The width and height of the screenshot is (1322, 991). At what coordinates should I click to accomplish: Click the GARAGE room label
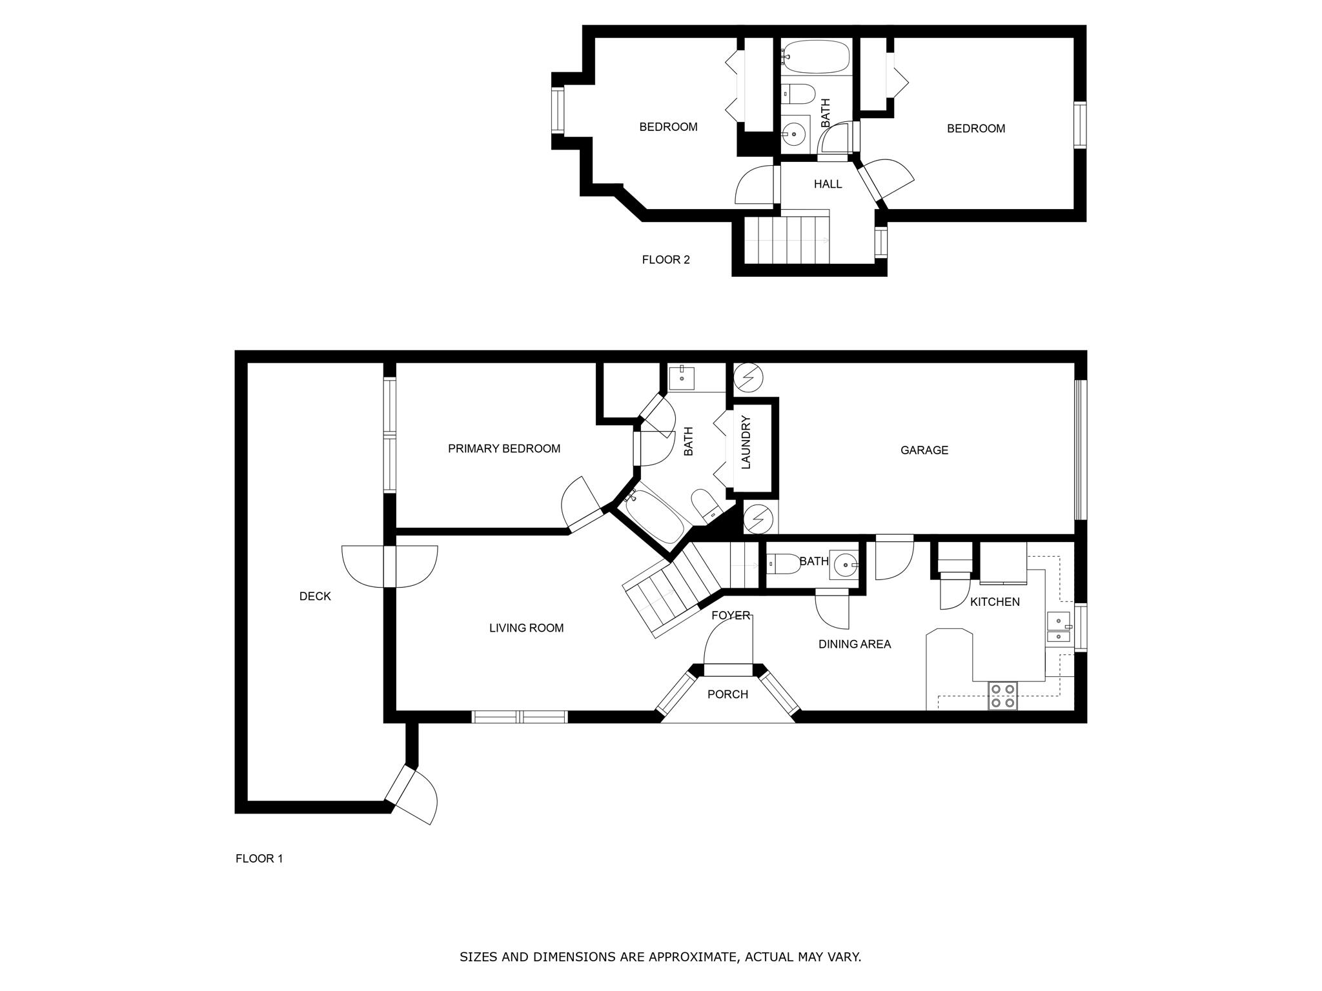[924, 450]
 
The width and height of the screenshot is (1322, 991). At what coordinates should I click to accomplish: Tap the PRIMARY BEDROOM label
[503, 448]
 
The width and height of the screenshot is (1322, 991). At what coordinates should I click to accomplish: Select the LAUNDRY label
[746, 443]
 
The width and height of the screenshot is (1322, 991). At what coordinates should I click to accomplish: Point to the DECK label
[315, 596]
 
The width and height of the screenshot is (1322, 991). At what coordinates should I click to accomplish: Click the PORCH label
[727, 694]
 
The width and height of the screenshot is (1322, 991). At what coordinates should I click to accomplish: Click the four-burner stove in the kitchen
[1002, 696]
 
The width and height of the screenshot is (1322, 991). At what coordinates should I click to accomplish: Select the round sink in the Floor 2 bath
[794, 135]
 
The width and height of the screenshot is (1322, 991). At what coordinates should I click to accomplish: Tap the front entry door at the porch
[728, 671]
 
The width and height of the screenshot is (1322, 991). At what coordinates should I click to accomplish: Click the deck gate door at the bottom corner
[412, 795]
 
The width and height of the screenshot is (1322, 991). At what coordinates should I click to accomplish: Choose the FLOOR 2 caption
[666, 260]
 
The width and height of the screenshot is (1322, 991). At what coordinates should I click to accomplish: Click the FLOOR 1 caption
[259, 859]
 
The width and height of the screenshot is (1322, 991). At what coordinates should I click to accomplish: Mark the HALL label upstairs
[828, 185]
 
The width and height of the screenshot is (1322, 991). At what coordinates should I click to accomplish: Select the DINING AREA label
[854, 644]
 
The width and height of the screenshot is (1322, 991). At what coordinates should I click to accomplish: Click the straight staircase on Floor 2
[787, 240]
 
